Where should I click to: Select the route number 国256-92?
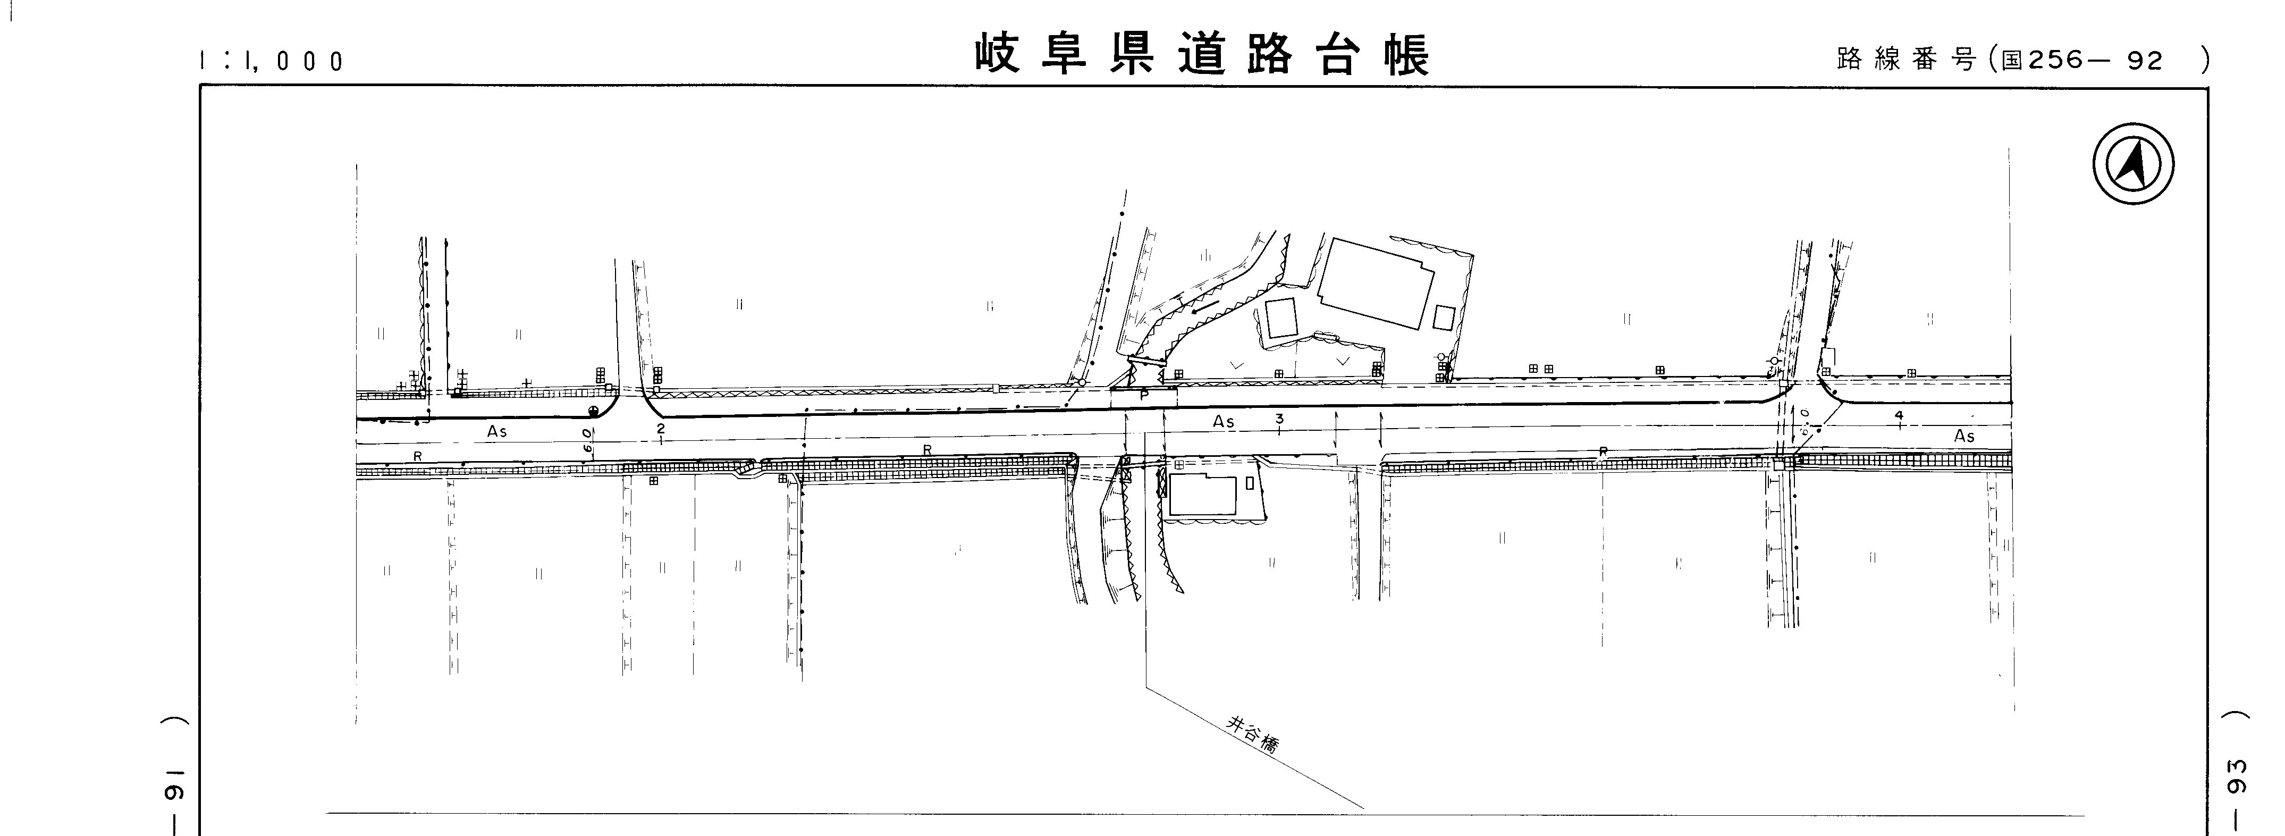pyautogui.click(x=2082, y=60)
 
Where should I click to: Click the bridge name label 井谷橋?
pyautogui.click(x=1252, y=735)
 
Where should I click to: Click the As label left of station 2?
pyautogui.click(x=497, y=431)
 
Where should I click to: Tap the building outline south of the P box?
pyautogui.click(x=1203, y=495)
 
